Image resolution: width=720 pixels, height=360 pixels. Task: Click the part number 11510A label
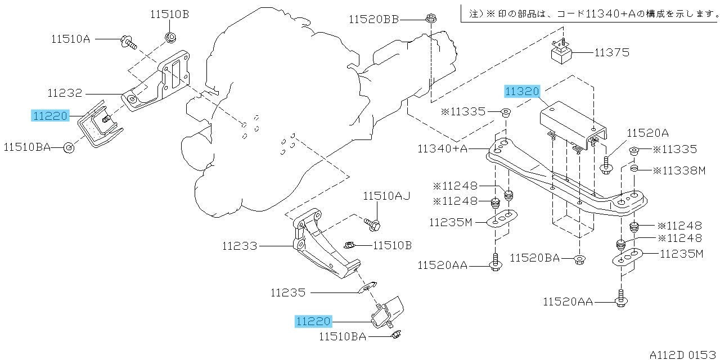71,39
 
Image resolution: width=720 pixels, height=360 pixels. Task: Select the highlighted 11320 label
522,92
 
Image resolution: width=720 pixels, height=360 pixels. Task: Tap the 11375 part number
611,52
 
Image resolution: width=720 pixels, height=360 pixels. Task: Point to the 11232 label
65,93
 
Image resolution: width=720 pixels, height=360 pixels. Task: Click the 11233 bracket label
240,246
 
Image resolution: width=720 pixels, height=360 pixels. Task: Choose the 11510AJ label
386,196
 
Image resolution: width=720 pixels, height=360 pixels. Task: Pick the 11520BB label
374,20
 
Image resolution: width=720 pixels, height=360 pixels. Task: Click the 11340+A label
442,149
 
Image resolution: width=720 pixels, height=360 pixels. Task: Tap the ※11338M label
679,170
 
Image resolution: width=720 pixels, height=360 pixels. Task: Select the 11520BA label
535,258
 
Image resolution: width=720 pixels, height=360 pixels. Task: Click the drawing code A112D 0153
683,354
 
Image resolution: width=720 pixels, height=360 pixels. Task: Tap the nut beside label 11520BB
431,19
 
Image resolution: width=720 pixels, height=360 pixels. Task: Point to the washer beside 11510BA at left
69,148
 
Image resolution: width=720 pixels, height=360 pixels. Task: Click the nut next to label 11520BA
579,259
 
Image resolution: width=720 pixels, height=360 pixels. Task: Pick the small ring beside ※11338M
634,168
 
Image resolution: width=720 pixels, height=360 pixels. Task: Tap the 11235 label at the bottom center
288,293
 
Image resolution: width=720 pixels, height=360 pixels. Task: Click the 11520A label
647,133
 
